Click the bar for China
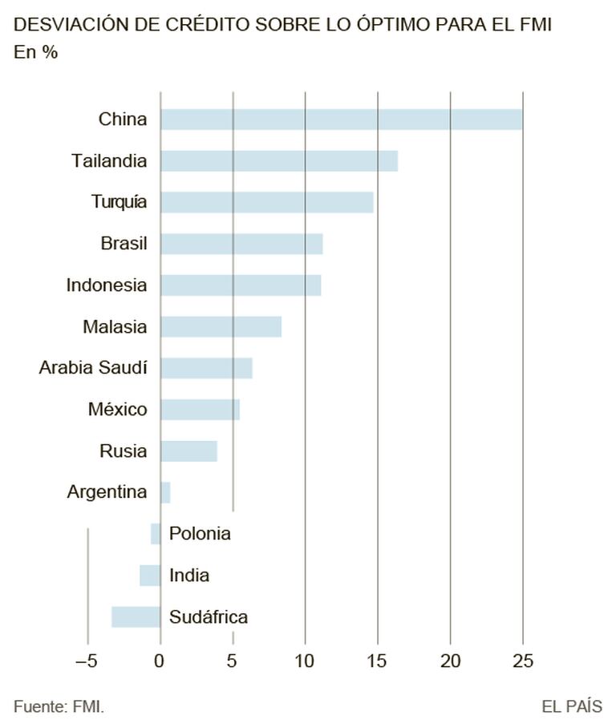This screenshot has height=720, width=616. (x=341, y=119)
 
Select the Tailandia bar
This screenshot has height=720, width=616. (x=278, y=161)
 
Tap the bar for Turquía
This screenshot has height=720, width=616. (x=266, y=202)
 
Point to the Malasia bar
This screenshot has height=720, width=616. (x=221, y=326)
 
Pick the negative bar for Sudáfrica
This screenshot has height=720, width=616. (x=136, y=617)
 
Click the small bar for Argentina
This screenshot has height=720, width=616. (x=165, y=492)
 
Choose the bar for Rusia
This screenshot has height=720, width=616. (x=188, y=451)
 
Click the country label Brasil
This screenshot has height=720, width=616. (x=124, y=243)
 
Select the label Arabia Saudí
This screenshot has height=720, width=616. (x=93, y=368)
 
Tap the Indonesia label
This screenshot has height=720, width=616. (x=107, y=285)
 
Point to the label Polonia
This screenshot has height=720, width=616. (x=200, y=534)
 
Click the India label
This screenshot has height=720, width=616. (x=189, y=576)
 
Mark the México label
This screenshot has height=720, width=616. (x=117, y=410)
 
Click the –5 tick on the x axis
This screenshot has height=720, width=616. (x=86, y=661)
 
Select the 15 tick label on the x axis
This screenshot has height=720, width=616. (x=377, y=661)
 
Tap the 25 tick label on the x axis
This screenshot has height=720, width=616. (x=522, y=661)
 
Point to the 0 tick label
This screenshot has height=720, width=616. (x=160, y=661)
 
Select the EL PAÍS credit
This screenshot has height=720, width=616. (x=571, y=706)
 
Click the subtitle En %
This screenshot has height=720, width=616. (x=35, y=53)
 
